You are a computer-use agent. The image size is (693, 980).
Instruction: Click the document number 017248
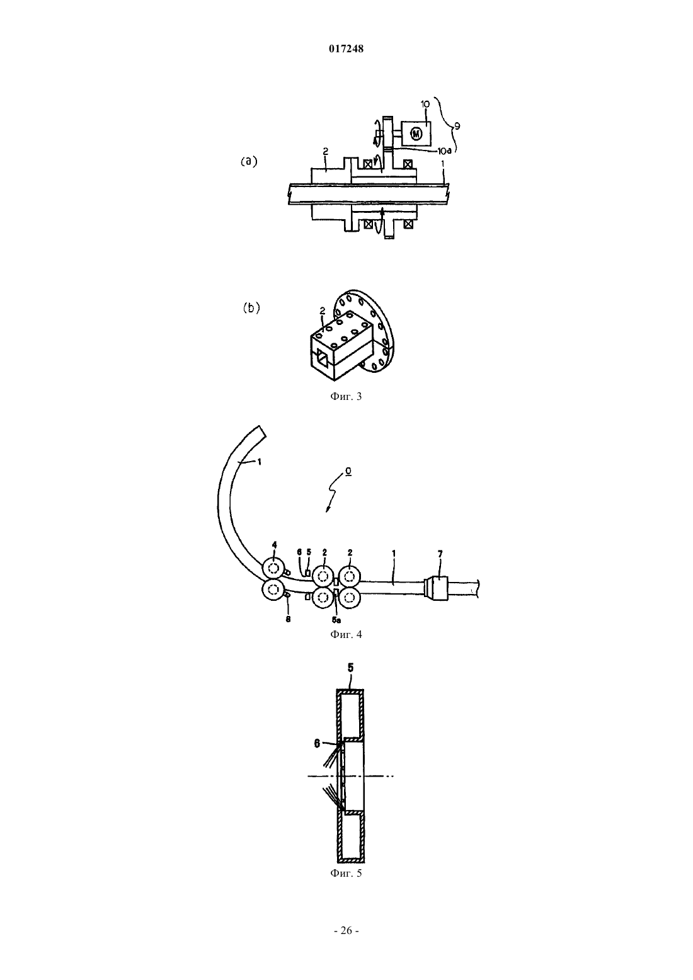click(346, 49)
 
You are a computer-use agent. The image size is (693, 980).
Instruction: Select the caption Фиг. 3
click(346, 396)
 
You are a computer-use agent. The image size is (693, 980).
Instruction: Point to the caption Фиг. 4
click(346, 634)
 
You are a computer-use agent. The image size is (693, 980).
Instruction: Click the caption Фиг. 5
click(346, 874)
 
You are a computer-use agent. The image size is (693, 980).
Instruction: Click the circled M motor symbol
click(416, 134)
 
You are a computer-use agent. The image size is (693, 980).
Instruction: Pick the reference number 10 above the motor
click(425, 104)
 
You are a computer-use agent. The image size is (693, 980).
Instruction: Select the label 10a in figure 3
click(444, 151)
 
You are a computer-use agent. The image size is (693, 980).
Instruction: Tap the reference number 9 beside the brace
click(457, 127)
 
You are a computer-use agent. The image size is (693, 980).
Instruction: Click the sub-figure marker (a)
click(249, 161)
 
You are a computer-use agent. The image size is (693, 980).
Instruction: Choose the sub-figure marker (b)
click(251, 308)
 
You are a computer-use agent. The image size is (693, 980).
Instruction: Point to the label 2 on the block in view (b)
click(323, 311)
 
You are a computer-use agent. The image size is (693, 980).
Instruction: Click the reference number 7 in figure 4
click(440, 554)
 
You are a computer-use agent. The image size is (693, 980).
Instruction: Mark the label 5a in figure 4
click(336, 620)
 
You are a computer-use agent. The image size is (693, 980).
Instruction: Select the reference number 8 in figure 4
click(288, 619)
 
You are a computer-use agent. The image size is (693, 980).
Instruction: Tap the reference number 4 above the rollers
click(274, 545)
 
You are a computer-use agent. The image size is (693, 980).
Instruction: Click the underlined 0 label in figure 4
click(348, 472)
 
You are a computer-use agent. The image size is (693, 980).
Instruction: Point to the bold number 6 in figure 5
click(317, 743)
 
